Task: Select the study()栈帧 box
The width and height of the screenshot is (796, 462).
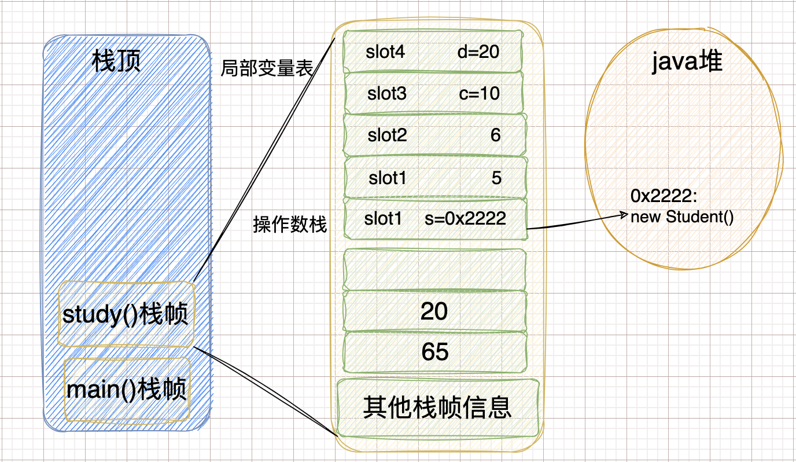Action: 126,315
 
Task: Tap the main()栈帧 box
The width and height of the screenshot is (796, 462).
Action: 127,390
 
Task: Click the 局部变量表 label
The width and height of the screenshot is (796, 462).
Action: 267,69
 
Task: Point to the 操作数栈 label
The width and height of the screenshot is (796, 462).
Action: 290,225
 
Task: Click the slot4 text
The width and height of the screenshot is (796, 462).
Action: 385,52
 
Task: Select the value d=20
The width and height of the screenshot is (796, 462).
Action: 478,52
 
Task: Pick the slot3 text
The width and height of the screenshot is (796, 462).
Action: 387,94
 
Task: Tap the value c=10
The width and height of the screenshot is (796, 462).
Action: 480,94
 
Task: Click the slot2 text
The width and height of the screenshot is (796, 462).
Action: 387,135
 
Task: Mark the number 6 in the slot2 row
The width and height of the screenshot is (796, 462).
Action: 495,135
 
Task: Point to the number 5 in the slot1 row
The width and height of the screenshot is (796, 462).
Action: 496,178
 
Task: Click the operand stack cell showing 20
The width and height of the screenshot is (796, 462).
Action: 434,311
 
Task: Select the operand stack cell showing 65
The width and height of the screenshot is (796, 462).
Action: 435,352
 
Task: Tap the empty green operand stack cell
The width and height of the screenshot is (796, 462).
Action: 434,269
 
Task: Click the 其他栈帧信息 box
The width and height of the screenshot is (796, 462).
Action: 437,408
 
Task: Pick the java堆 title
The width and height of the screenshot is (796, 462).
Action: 687,61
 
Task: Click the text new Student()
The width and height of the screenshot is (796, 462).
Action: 681,218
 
